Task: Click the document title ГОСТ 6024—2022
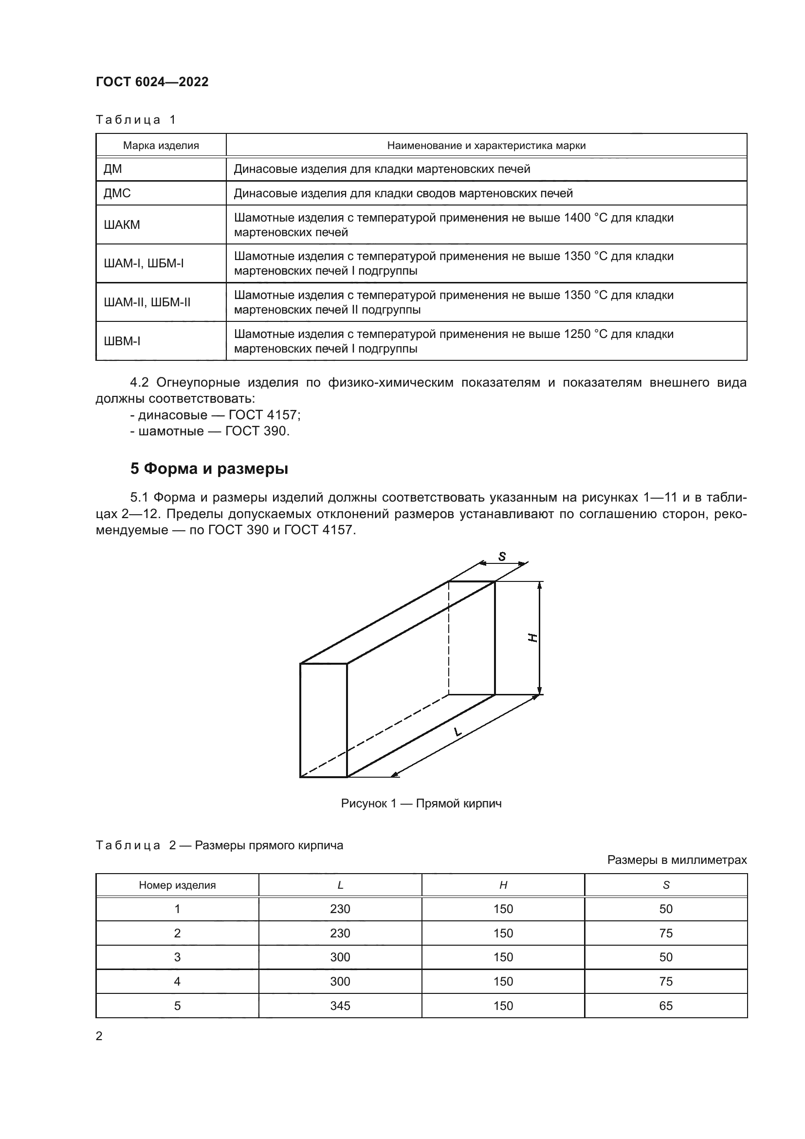(x=152, y=82)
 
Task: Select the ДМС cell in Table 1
(x=117, y=193)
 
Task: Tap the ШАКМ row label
(x=122, y=224)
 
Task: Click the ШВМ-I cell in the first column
(x=122, y=341)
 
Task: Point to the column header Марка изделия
(x=161, y=145)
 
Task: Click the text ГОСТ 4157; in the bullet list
(x=265, y=415)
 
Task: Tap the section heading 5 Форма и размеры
(x=209, y=468)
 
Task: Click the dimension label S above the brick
(x=502, y=557)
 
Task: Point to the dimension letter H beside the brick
(x=532, y=638)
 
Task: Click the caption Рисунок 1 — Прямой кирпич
(x=421, y=803)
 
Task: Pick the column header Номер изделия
(x=177, y=885)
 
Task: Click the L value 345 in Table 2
(x=340, y=1006)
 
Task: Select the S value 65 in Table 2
(x=666, y=1006)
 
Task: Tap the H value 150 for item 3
(x=503, y=957)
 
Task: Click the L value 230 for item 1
(x=340, y=909)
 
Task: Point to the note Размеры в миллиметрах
(x=677, y=859)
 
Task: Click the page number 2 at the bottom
(x=99, y=1036)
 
